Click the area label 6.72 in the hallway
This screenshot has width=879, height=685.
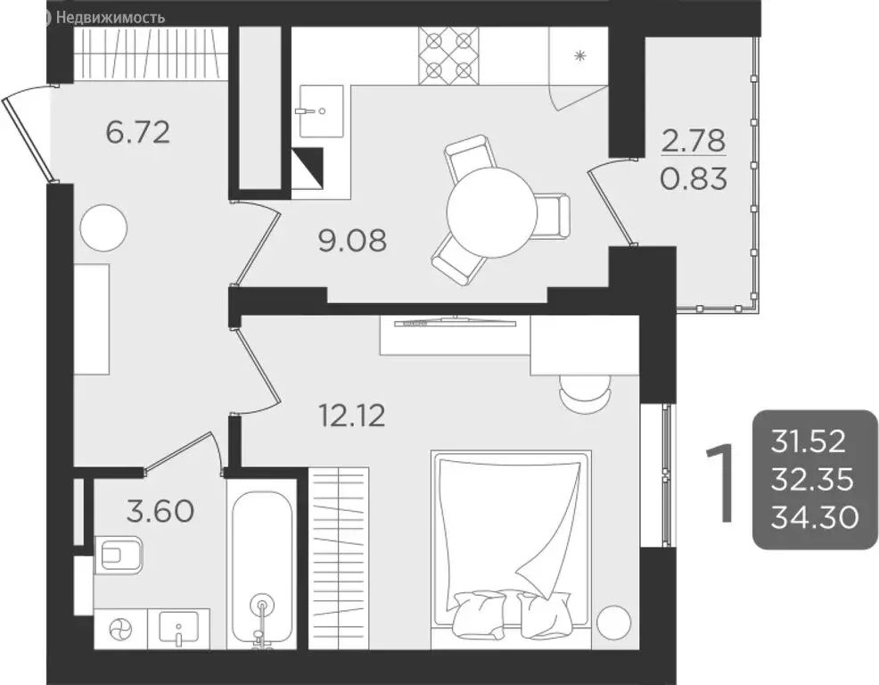click(x=137, y=133)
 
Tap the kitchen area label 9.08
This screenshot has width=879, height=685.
click(x=353, y=239)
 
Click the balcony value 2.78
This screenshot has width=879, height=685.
click(x=694, y=140)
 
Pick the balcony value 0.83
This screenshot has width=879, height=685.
click(x=694, y=179)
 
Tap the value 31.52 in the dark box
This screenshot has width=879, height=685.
click(x=811, y=442)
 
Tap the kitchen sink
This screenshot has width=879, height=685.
click(x=321, y=111)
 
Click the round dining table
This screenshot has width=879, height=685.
click(x=491, y=212)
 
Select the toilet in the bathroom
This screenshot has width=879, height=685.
click(x=120, y=554)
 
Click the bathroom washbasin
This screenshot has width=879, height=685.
click(x=183, y=628)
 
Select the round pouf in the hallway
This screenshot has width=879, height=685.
click(x=100, y=227)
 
